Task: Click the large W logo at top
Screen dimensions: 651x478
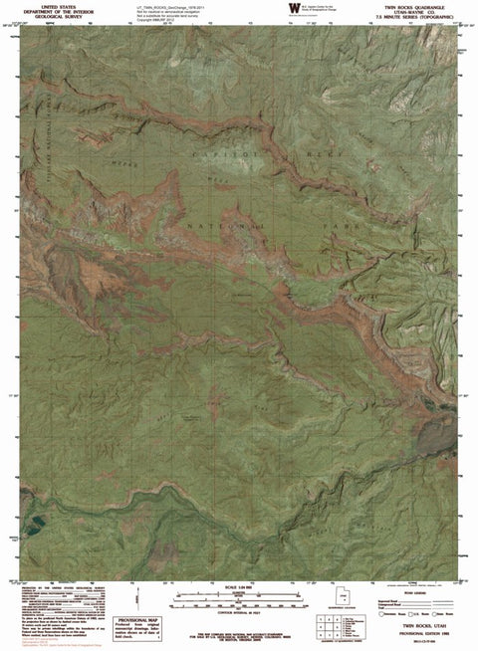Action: click(292, 8)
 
